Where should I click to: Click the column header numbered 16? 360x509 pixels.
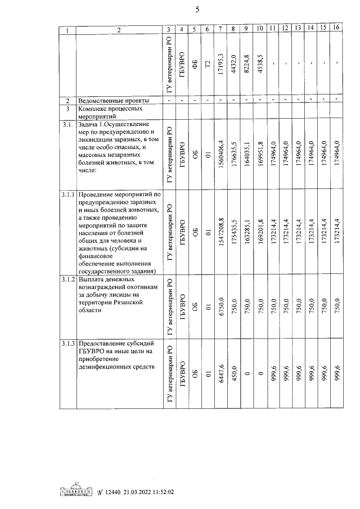[x=336, y=28]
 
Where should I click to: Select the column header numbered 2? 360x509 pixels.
[x=119, y=29]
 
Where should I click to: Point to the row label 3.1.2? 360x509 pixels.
[x=67, y=280]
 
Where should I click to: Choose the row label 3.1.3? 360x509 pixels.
[x=67, y=344]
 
